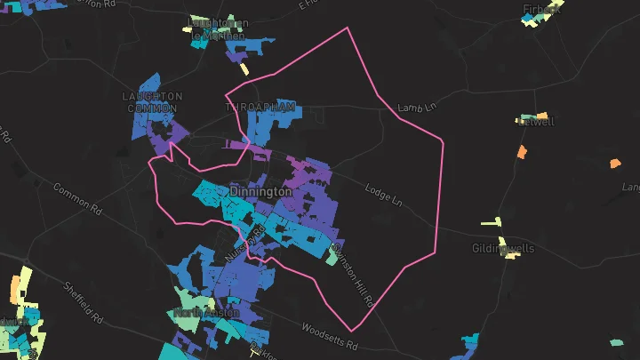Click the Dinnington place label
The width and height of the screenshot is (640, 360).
click(260, 192)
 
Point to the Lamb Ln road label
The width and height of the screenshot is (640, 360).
click(419, 108)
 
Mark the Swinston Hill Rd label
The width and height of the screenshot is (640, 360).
click(352, 275)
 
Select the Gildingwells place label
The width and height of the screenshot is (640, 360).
click(503, 249)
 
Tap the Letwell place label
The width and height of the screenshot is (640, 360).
click(537, 122)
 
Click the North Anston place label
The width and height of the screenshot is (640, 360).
click(206, 313)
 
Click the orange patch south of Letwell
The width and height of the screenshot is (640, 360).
click(522, 152)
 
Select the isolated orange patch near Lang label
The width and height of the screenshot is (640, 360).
click(614, 164)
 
